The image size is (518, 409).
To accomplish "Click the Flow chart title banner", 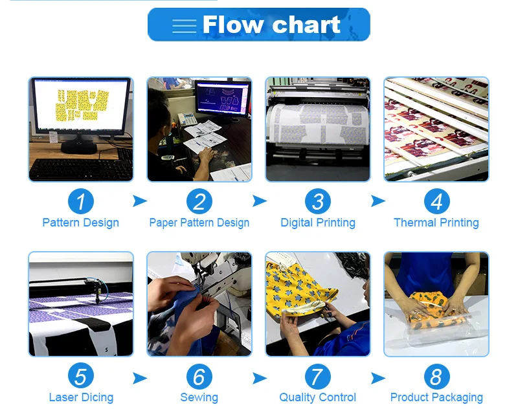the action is click(258, 25).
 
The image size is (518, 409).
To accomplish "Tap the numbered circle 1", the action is click(80, 201).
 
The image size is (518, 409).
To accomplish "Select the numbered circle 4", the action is click(436, 201).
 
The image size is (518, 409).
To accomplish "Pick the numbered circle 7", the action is click(318, 377).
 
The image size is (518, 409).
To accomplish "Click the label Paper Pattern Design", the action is click(199, 223).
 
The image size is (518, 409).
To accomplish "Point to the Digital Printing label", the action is click(318, 223).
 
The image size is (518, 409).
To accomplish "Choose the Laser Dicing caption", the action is click(81, 397).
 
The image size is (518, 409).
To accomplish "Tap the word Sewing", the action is click(199, 397).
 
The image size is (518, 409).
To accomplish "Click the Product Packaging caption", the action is click(436, 397).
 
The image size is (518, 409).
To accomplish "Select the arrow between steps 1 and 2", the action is click(139, 201).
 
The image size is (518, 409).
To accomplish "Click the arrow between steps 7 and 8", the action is click(377, 379).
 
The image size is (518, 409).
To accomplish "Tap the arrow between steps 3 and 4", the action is click(377, 201).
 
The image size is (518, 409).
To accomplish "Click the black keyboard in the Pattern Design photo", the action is click(81, 170).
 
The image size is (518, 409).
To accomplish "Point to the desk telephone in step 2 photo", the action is click(187, 119).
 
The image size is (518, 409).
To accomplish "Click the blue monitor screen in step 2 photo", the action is click(223, 98).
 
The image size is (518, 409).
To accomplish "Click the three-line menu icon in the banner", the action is click(184, 27).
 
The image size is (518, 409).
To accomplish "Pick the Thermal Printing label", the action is click(436, 223).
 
